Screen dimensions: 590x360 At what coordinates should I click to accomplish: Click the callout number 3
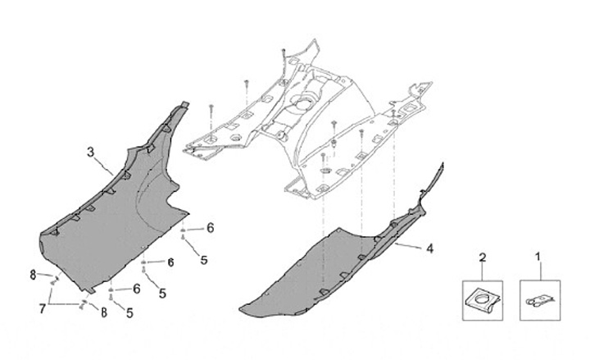(x=91, y=151)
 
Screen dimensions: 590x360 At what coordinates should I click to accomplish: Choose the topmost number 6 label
(x=210, y=227)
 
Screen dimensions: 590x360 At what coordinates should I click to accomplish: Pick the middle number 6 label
(x=170, y=262)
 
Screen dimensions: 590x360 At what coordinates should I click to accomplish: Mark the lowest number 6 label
(x=137, y=289)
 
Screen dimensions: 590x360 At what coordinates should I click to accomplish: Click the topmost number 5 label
(x=204, y=260)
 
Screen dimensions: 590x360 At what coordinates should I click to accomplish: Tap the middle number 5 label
(x=162, y=293)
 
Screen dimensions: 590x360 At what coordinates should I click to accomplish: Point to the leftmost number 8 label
(x=34, y=275)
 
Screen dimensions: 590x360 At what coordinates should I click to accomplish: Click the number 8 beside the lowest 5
(x=105, y=312)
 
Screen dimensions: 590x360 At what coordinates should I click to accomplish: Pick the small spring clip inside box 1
(x=538, y=300)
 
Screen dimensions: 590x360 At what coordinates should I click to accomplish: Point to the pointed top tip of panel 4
(x=443, y=166)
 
